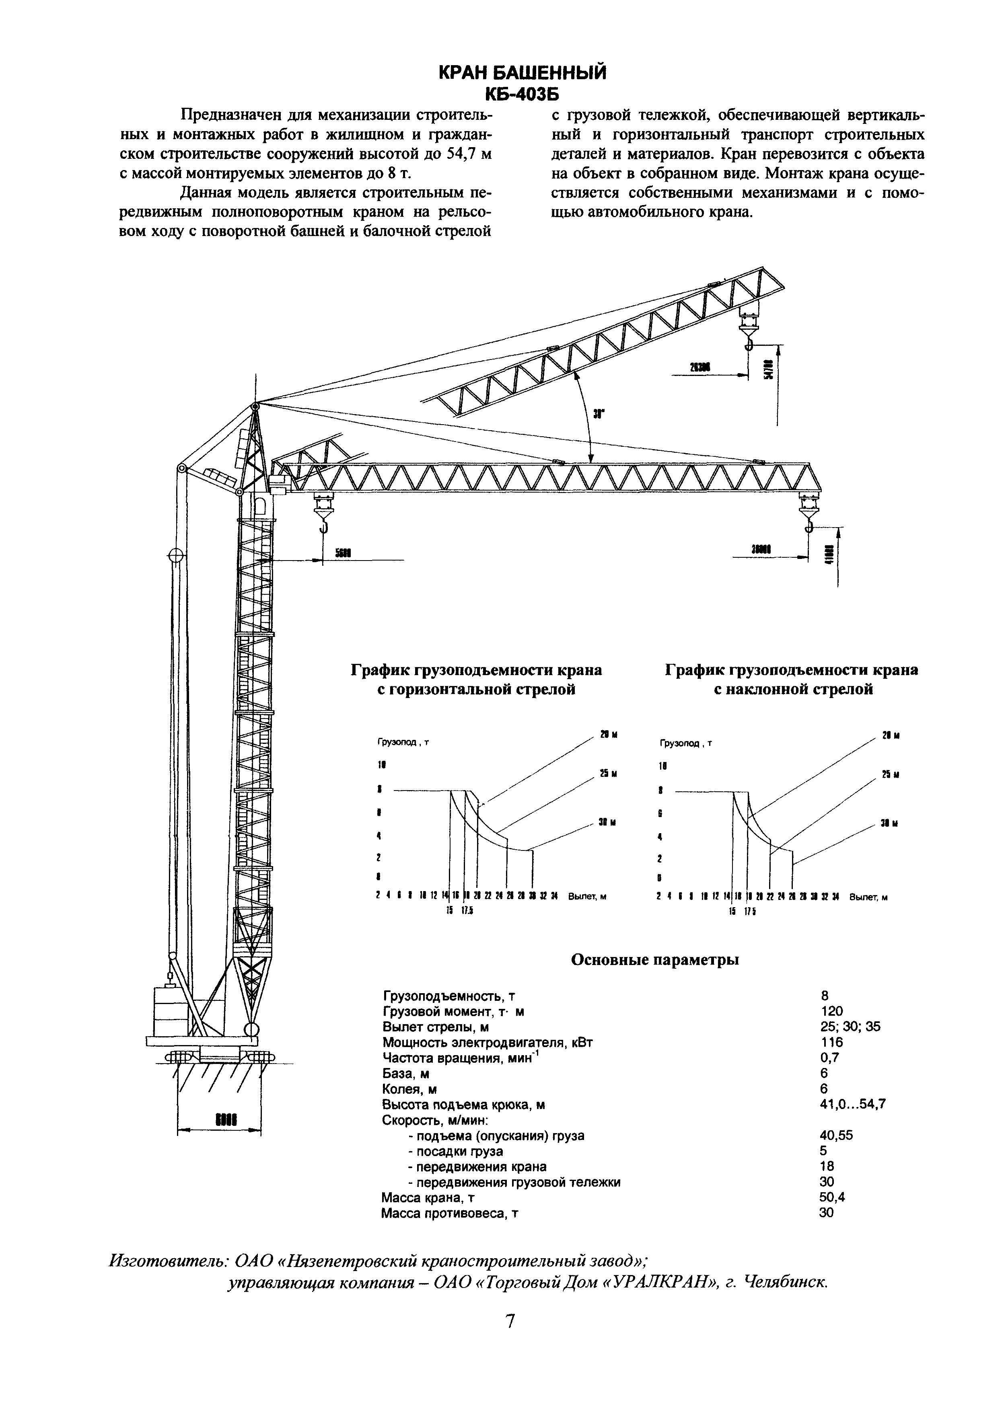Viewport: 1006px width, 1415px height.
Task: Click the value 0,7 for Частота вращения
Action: pyautogui.click(x=829, y=1058)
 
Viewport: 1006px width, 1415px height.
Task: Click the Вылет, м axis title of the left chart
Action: pyautogui.click(x=586, y=896)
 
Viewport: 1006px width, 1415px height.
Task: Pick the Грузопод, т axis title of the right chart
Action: pyautogui.click(x=686, y=743)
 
